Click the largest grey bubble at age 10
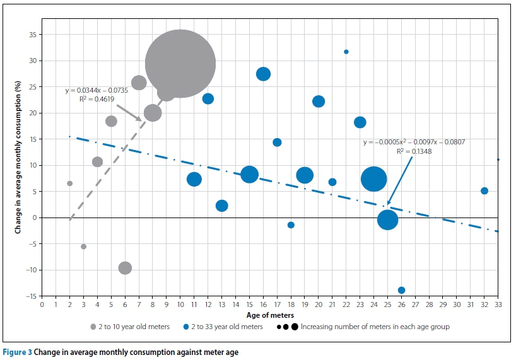180,64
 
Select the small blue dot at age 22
346,52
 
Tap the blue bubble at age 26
401,290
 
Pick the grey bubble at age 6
125,268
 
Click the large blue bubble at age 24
373,179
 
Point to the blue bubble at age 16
263,74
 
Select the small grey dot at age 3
83,247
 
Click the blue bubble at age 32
484,191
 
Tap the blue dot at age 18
291,225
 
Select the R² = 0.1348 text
414,151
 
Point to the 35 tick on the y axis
32,35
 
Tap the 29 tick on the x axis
443,305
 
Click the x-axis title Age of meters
270,314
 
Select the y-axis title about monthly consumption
18,165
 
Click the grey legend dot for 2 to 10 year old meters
93,327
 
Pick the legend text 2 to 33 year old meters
225,327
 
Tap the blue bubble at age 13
221,206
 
